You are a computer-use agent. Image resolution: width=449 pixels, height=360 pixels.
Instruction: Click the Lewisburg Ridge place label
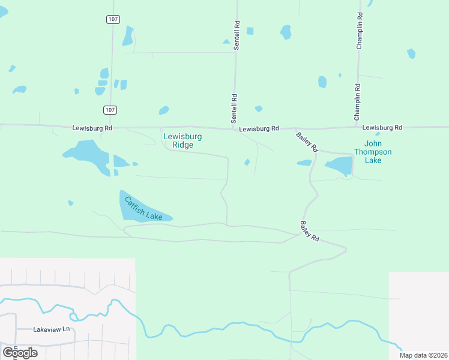182,140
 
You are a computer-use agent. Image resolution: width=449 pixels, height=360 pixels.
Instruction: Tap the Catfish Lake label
143,208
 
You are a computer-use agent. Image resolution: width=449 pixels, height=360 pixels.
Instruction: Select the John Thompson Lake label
373,152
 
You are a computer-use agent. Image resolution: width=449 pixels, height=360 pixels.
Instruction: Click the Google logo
20,352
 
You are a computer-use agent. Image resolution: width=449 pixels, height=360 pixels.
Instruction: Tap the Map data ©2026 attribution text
423,355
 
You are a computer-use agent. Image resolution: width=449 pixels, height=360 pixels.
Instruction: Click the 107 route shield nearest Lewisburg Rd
109,110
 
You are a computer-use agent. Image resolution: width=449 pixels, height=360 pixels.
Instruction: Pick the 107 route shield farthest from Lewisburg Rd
112,19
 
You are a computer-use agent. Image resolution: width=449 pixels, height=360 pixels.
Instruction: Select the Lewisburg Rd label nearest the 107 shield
92,128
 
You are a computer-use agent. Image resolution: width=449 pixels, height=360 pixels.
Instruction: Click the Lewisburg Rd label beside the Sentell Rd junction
259,128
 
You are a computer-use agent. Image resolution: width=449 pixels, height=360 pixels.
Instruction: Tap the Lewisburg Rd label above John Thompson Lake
382,127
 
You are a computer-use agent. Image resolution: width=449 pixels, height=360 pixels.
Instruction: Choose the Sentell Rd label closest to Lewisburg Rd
235,106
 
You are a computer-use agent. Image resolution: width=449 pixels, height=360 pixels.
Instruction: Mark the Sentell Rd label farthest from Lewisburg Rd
237,36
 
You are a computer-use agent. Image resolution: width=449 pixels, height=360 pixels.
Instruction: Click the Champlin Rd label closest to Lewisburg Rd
357,100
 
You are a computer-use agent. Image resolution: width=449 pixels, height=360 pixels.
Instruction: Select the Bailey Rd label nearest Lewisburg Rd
307,142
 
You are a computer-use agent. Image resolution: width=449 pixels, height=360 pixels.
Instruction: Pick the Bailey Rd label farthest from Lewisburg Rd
310,231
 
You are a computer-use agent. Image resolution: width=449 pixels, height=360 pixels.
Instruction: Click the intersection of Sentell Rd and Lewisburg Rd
234,127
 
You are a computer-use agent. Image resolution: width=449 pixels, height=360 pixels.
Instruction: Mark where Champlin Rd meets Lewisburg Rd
358,127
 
